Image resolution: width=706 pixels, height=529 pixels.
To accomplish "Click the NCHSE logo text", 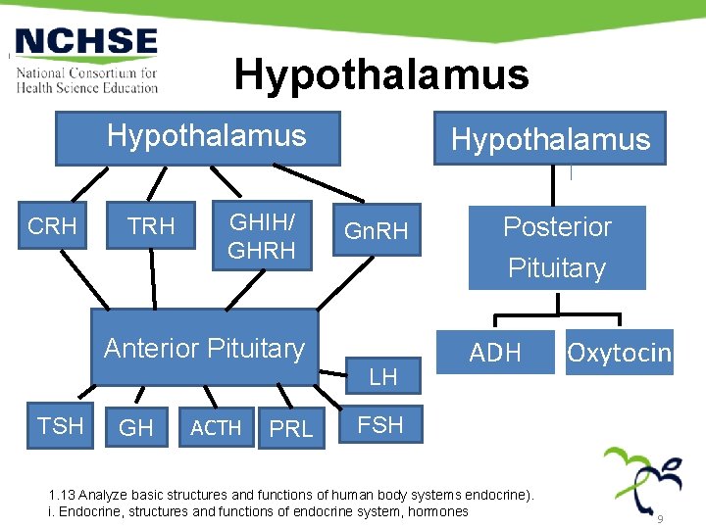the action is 86,41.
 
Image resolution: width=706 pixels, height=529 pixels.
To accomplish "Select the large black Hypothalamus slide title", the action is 380,74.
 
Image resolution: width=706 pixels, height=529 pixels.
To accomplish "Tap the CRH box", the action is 52,227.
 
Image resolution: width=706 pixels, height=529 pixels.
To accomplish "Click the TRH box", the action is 152,227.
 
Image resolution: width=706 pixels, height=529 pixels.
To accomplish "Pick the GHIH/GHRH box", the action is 261,237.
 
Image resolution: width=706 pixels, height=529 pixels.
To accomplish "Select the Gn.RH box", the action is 377,232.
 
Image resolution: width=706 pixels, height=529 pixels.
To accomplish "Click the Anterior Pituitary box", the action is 204,348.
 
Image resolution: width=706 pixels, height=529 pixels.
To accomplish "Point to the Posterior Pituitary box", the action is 556,247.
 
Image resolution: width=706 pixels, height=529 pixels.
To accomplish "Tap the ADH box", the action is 495,353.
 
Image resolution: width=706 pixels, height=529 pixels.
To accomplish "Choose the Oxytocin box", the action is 620,353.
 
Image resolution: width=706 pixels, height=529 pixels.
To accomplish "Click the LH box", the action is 382,376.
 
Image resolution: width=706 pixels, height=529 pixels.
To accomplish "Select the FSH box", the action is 380,425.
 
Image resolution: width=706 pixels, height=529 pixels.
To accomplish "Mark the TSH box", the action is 60,425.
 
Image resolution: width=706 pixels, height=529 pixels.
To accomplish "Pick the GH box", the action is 135,428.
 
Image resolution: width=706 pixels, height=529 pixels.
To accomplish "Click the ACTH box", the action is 216,428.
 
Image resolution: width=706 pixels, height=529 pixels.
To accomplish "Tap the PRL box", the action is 290,429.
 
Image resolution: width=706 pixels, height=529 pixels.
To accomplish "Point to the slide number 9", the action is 661,518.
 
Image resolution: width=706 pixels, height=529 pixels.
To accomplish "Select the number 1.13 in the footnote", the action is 62,496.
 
